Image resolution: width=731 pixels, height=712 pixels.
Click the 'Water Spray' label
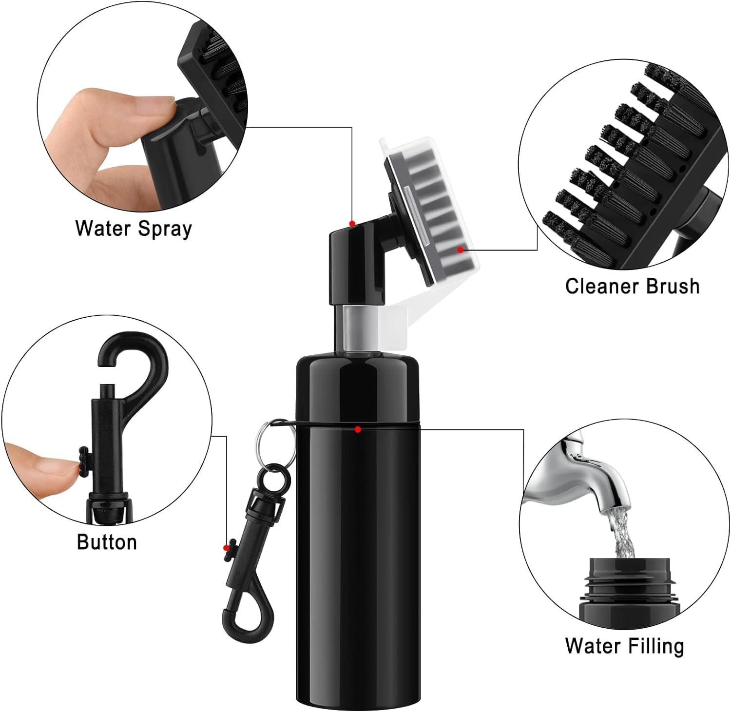click(134, 229)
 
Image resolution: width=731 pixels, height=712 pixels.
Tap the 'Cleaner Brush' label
click(632, 286)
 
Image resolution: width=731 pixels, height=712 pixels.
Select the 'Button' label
click(107, 542)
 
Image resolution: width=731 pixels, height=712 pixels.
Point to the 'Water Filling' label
click(625, 646)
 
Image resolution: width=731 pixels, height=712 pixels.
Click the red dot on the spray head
click(352, 224)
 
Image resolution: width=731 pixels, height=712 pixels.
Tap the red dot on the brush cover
click(460, 250)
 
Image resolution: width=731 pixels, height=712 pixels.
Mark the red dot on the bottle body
click(358, 429)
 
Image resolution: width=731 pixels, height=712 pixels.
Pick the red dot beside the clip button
click(226, 547)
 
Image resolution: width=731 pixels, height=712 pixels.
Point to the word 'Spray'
click(165, 229)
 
